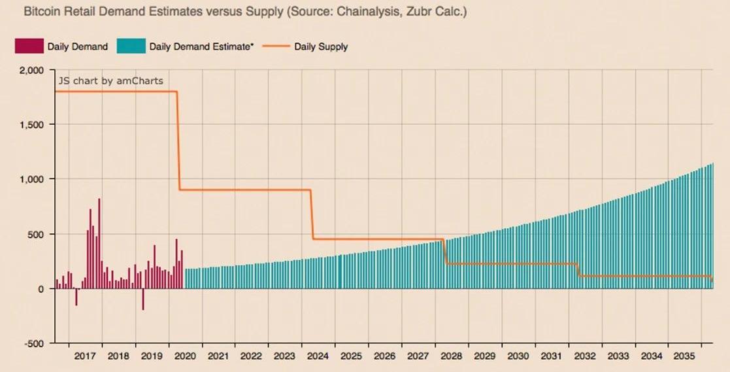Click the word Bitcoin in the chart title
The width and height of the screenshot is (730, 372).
tap(39, 12)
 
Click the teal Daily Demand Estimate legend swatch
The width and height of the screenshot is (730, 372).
tap(131, 46)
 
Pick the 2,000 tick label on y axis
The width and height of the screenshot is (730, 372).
tap(31, 70)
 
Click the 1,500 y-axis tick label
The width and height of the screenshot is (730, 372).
tap(31, 124)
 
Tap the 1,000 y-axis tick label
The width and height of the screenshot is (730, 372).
tap(31, 179)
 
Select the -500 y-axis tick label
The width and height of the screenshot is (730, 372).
tap(33, 343)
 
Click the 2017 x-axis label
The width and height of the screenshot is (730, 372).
tap(85, 356)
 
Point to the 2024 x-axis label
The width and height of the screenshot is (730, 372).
tap(318, 356)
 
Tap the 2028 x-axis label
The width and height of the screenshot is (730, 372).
tap(451, 356)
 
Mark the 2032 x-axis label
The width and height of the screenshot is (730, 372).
tap(584, 356)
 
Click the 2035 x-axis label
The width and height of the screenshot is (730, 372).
tap(684, 356)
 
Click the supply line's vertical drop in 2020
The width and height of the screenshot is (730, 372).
tap(178, 141)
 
